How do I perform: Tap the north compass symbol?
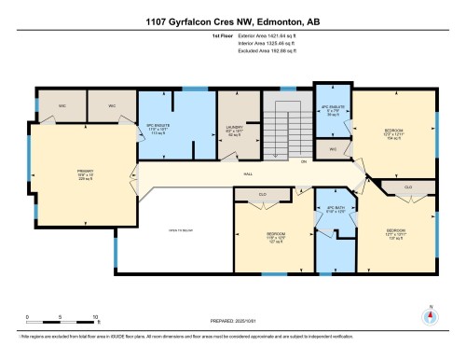click(431, 314)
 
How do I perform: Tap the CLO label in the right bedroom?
click(409, 187)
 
